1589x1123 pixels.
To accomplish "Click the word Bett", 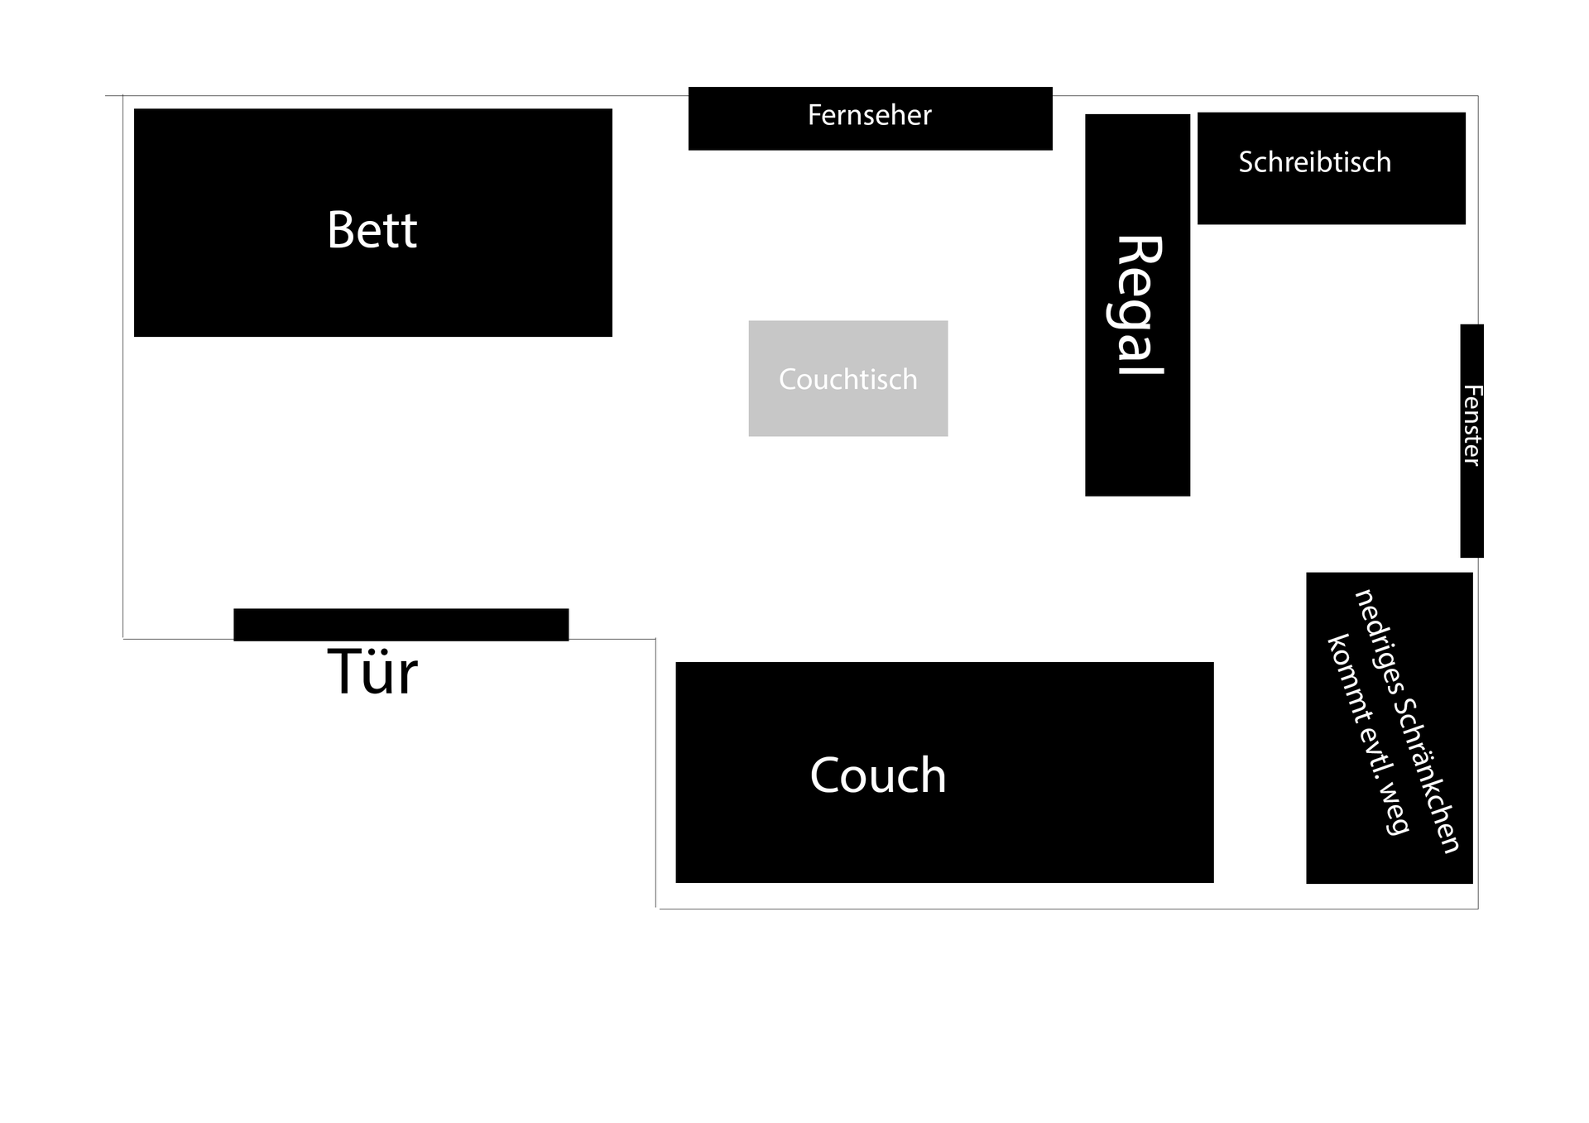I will coord(372,229).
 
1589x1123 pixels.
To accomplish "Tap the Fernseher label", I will coord(869,115).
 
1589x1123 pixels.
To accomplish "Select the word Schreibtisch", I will coord(1314,162).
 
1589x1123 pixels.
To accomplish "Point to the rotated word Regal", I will coord(1137,305).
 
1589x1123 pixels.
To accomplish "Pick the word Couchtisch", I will coord(847,379).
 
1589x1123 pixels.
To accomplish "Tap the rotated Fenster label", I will coord(1471,425).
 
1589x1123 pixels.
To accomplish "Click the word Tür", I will coord(372,672).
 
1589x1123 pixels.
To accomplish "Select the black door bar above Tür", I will coord(401,624).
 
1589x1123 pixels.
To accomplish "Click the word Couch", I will coord(877,775).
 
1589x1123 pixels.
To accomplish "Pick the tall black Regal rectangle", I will coord(1137,447).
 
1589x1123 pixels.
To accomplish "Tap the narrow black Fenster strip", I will coord(1471,521).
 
